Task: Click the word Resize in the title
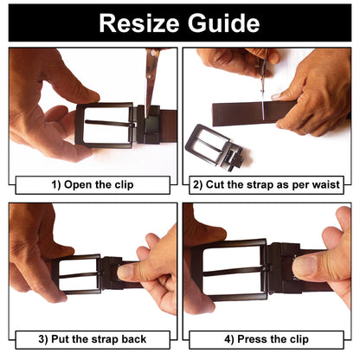pos(138,23)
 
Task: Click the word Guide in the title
pos(224,22)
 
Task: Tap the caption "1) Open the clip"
pos(93,184)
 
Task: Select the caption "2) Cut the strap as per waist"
pos(267,184)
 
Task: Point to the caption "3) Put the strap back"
pos(93,339)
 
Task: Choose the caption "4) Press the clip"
pos(267,339)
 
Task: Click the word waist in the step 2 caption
pos(327,184)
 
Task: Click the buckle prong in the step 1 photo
pos(110,124)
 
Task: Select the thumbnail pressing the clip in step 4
pos(305,266)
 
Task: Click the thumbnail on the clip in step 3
pos(126,272)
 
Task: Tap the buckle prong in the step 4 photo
pos(236,271)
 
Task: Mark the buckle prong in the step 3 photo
pos(80,275)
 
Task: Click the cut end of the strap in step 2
pos(214,114)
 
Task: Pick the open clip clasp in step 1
pos(149,125)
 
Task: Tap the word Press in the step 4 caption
pos(250,339)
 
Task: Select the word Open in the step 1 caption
pos(78,185)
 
